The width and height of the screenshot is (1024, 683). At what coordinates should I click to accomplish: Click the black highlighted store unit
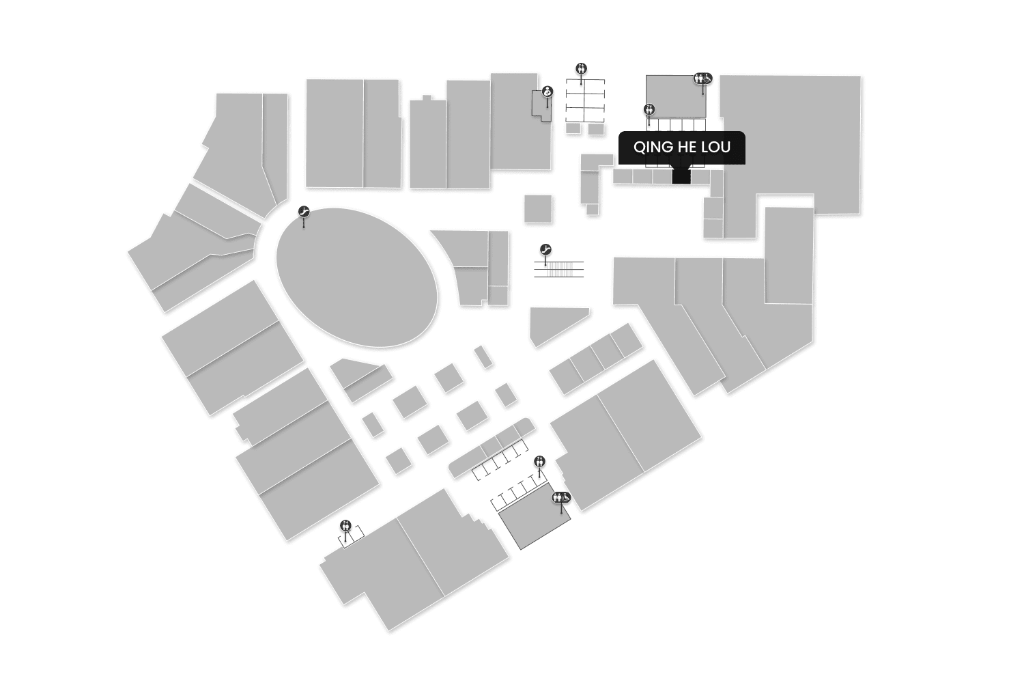[681, 176]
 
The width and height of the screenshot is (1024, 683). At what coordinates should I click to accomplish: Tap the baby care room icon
[547, 92]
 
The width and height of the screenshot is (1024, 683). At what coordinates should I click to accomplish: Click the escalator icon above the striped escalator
[545, 249]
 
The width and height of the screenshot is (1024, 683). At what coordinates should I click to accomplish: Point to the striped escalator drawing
[559, 269]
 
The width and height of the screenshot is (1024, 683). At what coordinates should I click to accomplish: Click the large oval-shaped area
[356, 277]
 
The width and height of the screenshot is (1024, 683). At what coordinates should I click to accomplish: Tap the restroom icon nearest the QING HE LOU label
[703, 79]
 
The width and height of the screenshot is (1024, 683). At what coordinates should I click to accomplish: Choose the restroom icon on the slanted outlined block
[561, 498]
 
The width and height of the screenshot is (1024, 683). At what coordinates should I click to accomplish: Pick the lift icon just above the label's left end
[649, 109]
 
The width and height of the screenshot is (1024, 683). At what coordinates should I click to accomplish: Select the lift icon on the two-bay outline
[346, 525]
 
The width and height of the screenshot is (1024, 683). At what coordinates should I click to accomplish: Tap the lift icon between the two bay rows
[540, 461]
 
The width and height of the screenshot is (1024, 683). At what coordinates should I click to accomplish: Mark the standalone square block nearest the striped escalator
[538, 208]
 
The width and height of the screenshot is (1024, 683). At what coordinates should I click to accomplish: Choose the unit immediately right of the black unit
[700, 176]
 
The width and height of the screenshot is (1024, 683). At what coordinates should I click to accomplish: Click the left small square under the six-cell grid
[573, 128]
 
